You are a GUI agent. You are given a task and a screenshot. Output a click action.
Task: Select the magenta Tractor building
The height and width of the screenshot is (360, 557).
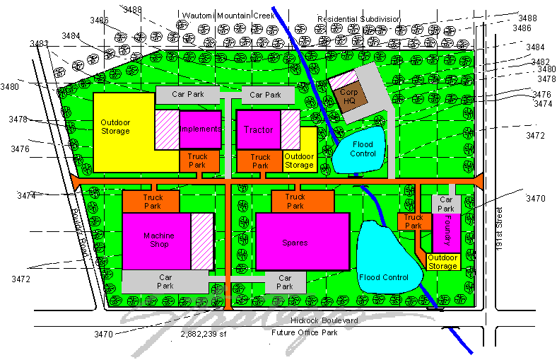(258, 130)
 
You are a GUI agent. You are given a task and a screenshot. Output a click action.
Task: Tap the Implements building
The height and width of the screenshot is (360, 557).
(200, 129)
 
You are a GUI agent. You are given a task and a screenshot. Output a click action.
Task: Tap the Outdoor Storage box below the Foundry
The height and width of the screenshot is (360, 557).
(443, 262)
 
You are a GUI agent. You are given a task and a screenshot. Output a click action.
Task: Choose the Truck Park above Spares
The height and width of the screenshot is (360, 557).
(295, 202)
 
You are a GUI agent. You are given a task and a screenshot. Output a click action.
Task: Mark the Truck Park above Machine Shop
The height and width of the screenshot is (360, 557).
(153, 202)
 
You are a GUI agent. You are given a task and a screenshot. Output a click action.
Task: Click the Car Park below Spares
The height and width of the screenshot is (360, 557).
(285, 282)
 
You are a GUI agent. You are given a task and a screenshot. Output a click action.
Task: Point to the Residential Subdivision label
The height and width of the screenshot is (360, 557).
(358, 19)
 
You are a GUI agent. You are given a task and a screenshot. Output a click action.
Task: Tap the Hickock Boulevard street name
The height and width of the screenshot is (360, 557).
(308, 320)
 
